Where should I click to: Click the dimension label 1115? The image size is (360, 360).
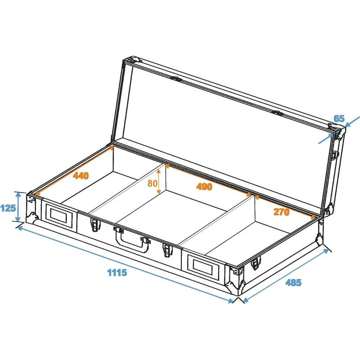(x=117, y=273)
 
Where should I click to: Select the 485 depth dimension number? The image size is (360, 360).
(x=293, y=283)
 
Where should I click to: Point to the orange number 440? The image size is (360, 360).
(x=81, y=175)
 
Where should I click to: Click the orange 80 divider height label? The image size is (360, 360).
(x=152, y=183)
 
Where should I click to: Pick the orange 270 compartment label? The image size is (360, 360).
(x=281, y=212)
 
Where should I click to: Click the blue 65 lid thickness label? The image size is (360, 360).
(x=339, y=118)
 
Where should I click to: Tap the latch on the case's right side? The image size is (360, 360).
(x=255, y=264)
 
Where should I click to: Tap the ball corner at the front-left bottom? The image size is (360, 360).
(x=35, y=216)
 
